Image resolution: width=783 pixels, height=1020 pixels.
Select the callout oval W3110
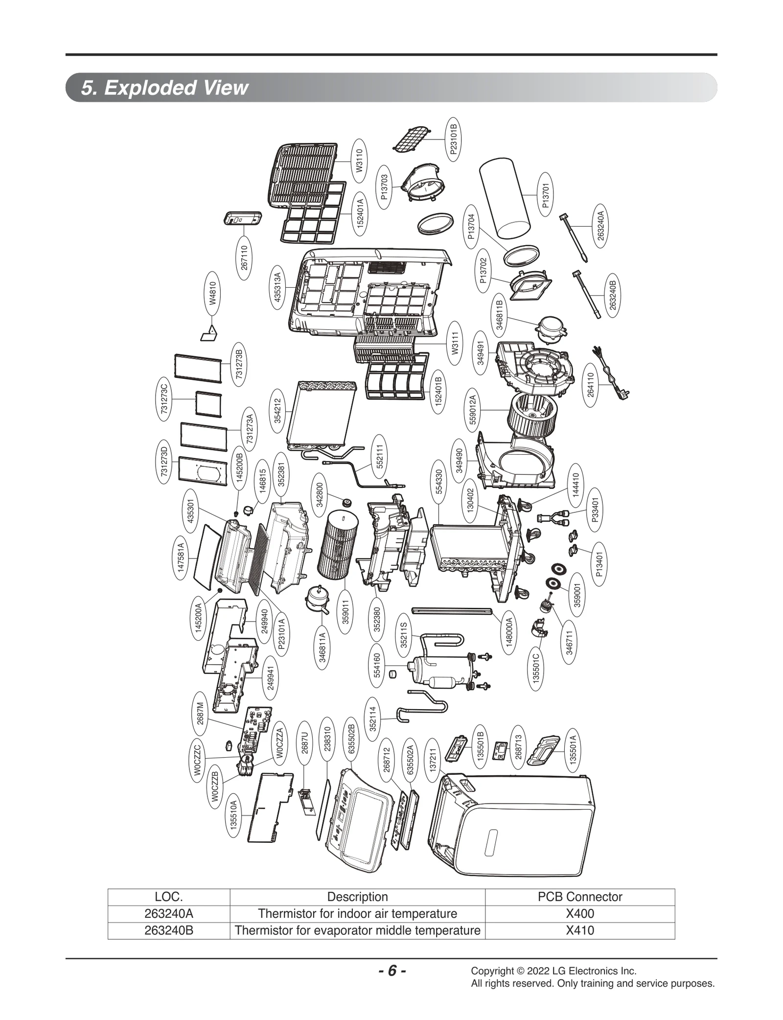click(x=360, y=161)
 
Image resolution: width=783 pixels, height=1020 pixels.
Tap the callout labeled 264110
click(x=591, y=385)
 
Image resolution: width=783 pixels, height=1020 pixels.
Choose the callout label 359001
click(x=577, y=595)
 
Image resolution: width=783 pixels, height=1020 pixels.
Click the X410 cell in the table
click(x=580, y=930)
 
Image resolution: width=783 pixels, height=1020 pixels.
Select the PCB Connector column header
click(x=580, y=897)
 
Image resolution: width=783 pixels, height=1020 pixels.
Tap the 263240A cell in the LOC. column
click(x=169, y=913)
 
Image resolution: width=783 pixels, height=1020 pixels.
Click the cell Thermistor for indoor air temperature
click(x=357, y=913)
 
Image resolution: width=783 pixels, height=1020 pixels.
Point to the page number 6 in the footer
click(x=392, y=971)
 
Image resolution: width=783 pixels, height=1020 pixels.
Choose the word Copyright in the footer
click(x=491, y=971)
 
